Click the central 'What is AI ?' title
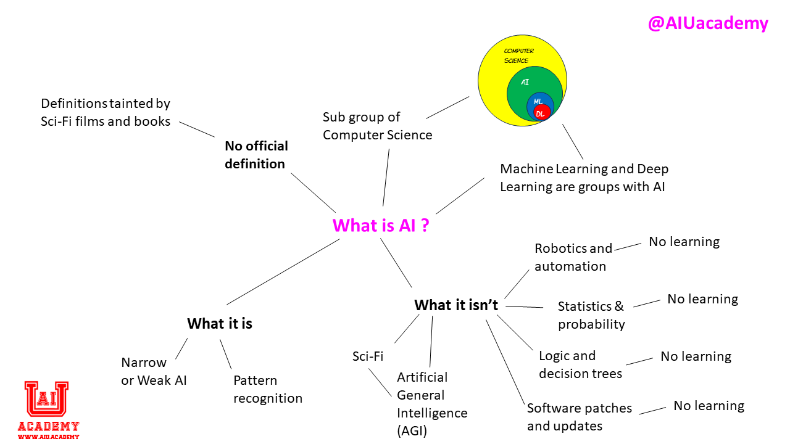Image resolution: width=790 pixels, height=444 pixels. click(x=381, y=225)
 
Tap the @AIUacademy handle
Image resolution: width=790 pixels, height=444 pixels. click(x=708, y=23)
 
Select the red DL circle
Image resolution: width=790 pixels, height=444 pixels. click(x=541, y=112)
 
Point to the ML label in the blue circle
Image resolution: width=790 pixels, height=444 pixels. click(x=538, y=101)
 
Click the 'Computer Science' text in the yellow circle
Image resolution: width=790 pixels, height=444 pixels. click(x=518, y=55)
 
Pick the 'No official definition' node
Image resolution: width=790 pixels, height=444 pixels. click(x=256, y=155)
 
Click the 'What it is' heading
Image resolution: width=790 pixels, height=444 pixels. click(x=220, y=324)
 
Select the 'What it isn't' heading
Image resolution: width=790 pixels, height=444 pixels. click(x=455, y=305)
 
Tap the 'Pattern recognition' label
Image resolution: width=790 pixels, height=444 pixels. click(x=268, y=389)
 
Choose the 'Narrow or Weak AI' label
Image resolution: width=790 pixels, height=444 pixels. click(x=154, y=371)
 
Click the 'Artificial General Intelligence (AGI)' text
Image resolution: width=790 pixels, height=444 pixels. click(x=431, y=403)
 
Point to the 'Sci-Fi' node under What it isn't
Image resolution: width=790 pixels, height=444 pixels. click(x=368, y=356)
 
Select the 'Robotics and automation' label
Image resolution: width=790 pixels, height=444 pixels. click(x=573, y=257)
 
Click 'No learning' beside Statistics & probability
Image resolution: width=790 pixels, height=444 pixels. click(x=702, y=299)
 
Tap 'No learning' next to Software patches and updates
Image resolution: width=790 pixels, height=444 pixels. click(x=709, y=406)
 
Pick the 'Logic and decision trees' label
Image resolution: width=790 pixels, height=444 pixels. click(x=580, y=364)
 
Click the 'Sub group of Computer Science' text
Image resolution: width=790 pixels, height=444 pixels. click(x=377, y=126)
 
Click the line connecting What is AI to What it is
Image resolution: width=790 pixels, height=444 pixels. click(x=283, y=272)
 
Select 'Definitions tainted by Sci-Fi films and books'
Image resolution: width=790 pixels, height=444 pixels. click(x=106, y=112)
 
